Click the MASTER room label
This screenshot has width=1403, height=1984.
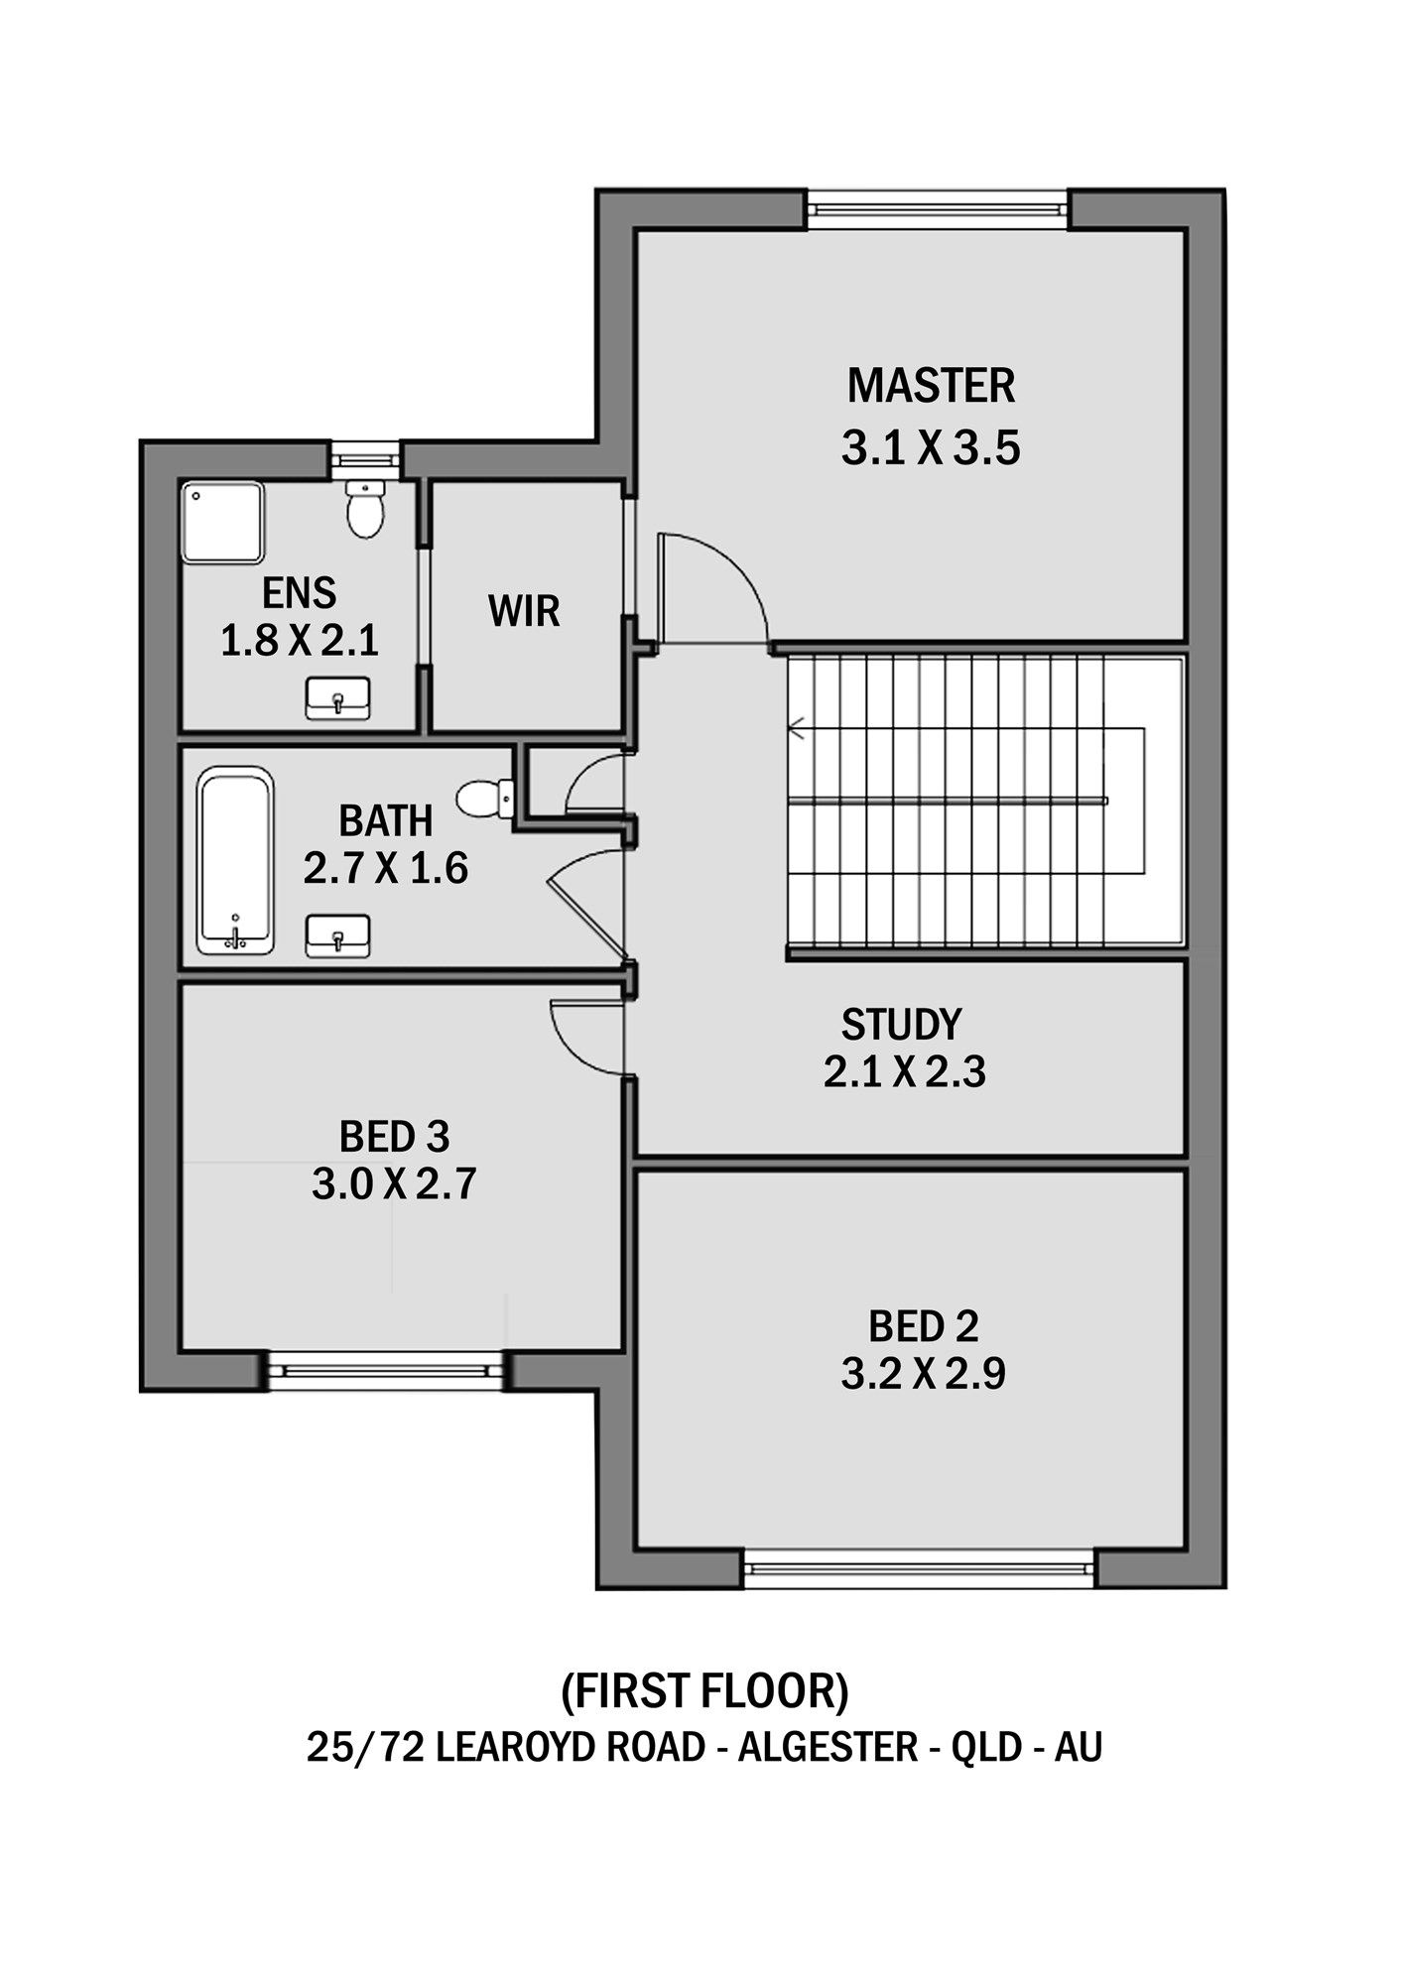(x=931, y=386)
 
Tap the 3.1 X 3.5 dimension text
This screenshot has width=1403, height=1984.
(x=931, y=448)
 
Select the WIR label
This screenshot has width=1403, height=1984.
(x=524, y=611)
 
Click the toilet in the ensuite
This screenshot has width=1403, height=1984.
(x=365, y=509)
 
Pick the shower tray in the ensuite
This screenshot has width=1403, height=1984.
(x=222, y=523)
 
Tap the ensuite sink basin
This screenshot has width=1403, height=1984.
(x=337, y=698)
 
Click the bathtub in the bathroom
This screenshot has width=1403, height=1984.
(x=235, y=860)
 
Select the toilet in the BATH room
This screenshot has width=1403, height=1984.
(x=485, y=799)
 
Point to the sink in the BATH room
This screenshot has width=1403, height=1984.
(x=337, y=936)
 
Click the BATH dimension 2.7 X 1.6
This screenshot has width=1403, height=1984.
(x=386, y=868)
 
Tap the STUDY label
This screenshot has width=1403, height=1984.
(x=901, y=1025)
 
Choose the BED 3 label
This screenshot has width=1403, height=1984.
(x=394, y=1137)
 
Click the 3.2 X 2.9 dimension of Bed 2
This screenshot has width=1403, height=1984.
(x=923, y=1374)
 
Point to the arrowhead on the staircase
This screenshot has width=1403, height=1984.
(x=796, y=729)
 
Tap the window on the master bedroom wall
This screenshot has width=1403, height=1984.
(x=938, y=210)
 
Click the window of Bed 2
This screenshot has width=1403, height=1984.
(x=919, y=1569)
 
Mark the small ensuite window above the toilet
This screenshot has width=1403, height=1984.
(x=364, y=460)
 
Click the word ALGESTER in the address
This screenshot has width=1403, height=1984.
(x=828, y=1747)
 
